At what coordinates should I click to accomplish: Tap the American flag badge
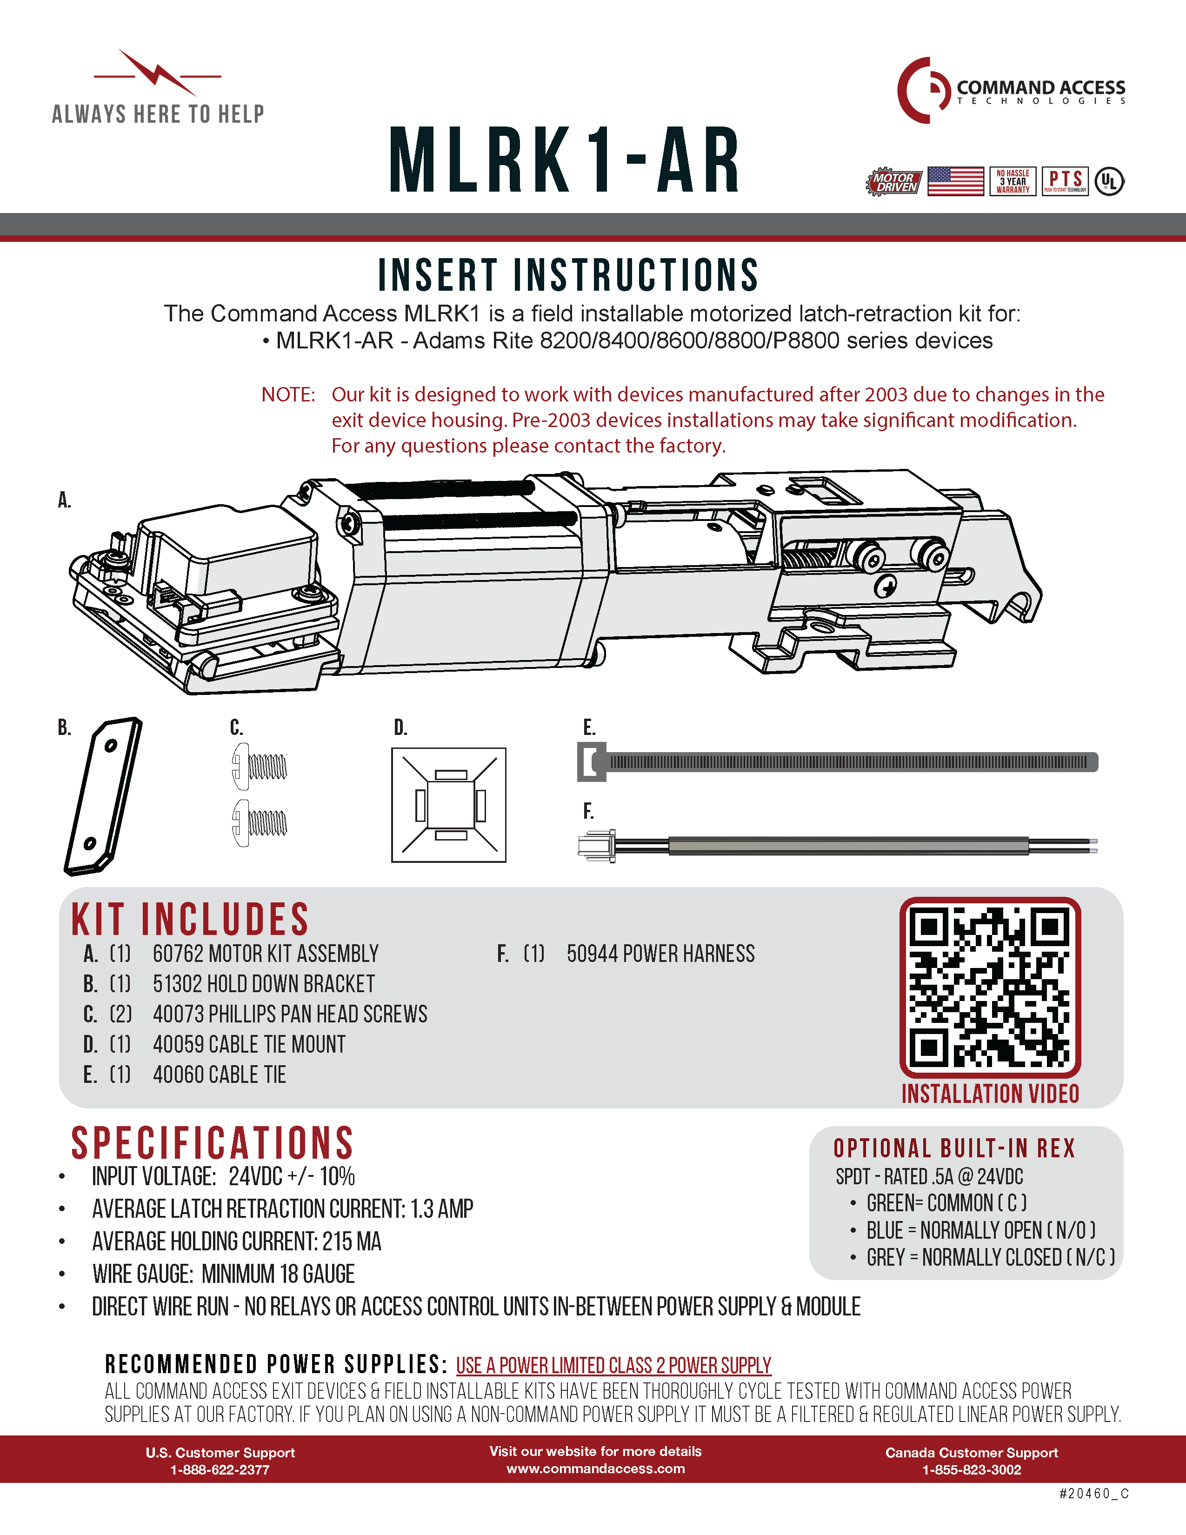956,181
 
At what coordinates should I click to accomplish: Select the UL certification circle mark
1109,182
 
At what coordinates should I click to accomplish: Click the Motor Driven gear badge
893,182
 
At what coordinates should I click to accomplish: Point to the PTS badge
1065,181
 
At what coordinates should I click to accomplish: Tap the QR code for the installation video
990,988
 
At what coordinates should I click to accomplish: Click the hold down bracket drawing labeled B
103,796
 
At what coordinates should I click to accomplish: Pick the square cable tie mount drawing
448,805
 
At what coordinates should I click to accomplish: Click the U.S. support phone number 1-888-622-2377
220,1469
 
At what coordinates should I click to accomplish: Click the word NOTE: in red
288,394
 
